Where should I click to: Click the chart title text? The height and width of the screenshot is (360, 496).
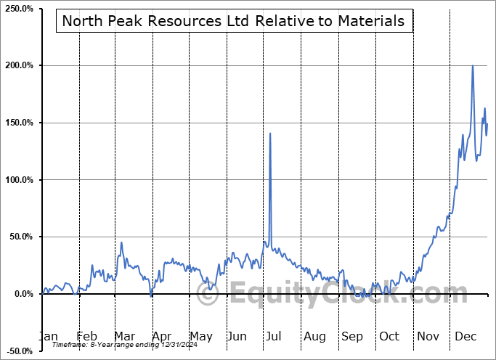pyautogui.click(x=233, y=21)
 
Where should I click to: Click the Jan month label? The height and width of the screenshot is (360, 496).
pyautogui.click(x=47, y=336)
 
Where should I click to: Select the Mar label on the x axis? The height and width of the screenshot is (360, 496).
pyautogui.click(x=125, y=336)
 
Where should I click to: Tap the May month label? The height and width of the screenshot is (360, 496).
pyautogui.click(x=200, y=336)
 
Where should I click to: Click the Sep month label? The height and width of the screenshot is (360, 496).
pyautogui.click(x=352, y=336)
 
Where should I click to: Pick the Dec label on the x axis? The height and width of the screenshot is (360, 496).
pyautogui.click(x=466, y=336)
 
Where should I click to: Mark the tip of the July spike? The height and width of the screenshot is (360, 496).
pyautogui.click(x=270, y=134)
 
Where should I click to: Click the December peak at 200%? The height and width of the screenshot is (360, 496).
pyautogui.click(x=473, y=66)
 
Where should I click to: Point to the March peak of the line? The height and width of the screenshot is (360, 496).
pyautogui.click(x=121, y=242)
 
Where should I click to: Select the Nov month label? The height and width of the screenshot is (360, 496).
pyautogui.click(x=428, y=336)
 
